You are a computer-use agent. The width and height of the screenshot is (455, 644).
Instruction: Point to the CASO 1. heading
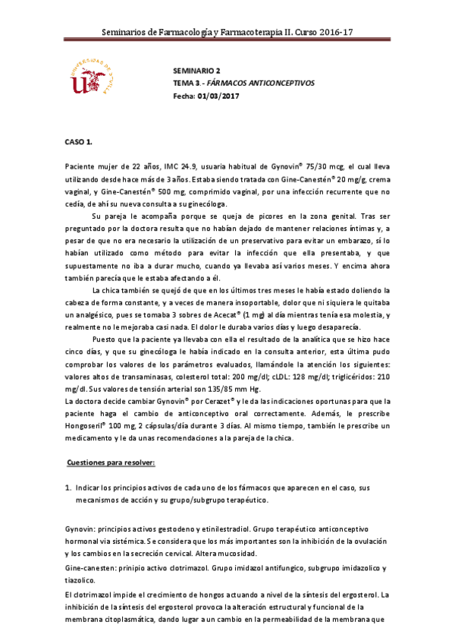(77, 142)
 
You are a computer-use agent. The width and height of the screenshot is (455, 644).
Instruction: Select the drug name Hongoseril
(87, 427)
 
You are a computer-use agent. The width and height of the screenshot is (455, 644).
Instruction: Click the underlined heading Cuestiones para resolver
(111, 462)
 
